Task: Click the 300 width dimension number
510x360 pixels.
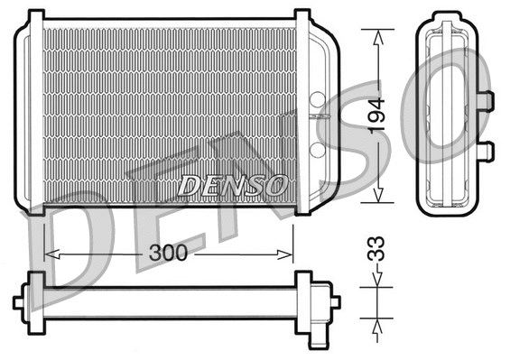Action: (168, 254)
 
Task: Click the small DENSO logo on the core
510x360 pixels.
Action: (233, 185)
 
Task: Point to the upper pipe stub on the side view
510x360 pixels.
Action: (485, 99)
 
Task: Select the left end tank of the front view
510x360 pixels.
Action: (29, 113)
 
